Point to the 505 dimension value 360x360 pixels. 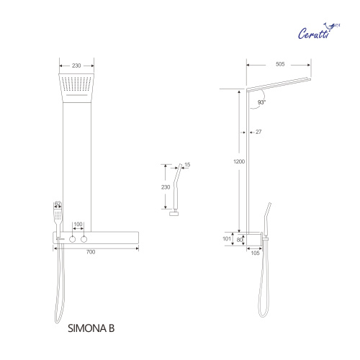(x=279, y=63)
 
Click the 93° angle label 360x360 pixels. (x=260, y=103)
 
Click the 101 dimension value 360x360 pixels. (x=227, y=238)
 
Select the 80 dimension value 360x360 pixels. (x=241, y=240)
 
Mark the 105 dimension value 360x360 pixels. (x=253, y=252)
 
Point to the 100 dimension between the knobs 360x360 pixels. (x=78, y=225)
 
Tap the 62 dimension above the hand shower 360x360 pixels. (x=58, y=204)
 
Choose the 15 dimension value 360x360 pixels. (x=188, y=165)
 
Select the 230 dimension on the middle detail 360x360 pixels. (x=166, y=187)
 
